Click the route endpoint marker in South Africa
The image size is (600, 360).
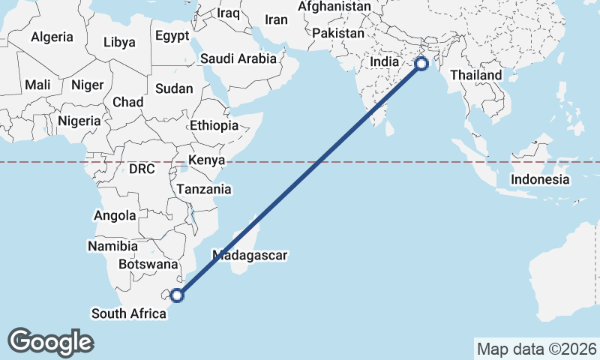point(178,295)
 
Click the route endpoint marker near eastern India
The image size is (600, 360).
point(421,64)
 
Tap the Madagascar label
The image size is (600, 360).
point(250,255)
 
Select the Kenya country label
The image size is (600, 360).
point(207,160)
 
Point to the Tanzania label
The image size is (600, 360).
point(204,190)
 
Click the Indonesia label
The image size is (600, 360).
point(540,179)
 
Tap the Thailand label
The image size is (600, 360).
point(476,76)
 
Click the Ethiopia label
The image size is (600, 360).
point(214,126)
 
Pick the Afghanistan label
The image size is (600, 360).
point(334,7)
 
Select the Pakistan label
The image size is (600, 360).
point(338,34)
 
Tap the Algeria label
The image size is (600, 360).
point(52,37)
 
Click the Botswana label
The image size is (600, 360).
point(148,264)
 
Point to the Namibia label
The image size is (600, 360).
point(112,246)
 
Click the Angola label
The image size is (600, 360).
point(115,216)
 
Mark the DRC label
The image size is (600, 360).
point(141,169)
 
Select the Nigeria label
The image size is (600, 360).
point(79,121)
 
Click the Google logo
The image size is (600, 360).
point(50,341)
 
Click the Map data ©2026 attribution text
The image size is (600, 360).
point(536,349)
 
